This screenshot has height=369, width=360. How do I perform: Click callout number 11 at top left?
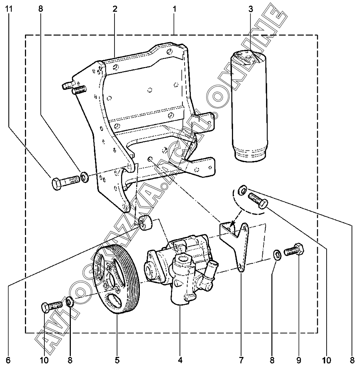coord(9,9)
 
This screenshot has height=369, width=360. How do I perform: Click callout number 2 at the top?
coord(115,9)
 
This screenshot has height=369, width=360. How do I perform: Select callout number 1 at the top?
coord(175,9)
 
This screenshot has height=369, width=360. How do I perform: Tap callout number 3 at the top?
coord(251,9)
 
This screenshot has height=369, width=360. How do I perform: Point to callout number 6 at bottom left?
coord(8,360)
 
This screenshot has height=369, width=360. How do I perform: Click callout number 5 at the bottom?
coord(117,360)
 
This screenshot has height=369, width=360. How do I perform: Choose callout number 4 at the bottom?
coord(180,360)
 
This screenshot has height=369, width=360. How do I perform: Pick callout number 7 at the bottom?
coord(241,360)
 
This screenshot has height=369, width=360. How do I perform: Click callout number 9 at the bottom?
coord(298,360)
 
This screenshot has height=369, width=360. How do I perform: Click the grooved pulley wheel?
coord(116,279)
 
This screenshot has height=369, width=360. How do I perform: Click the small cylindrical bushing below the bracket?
coord(146,223)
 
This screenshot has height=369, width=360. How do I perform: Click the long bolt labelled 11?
coord(66,182)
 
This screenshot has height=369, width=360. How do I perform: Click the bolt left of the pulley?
coord(51,305)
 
